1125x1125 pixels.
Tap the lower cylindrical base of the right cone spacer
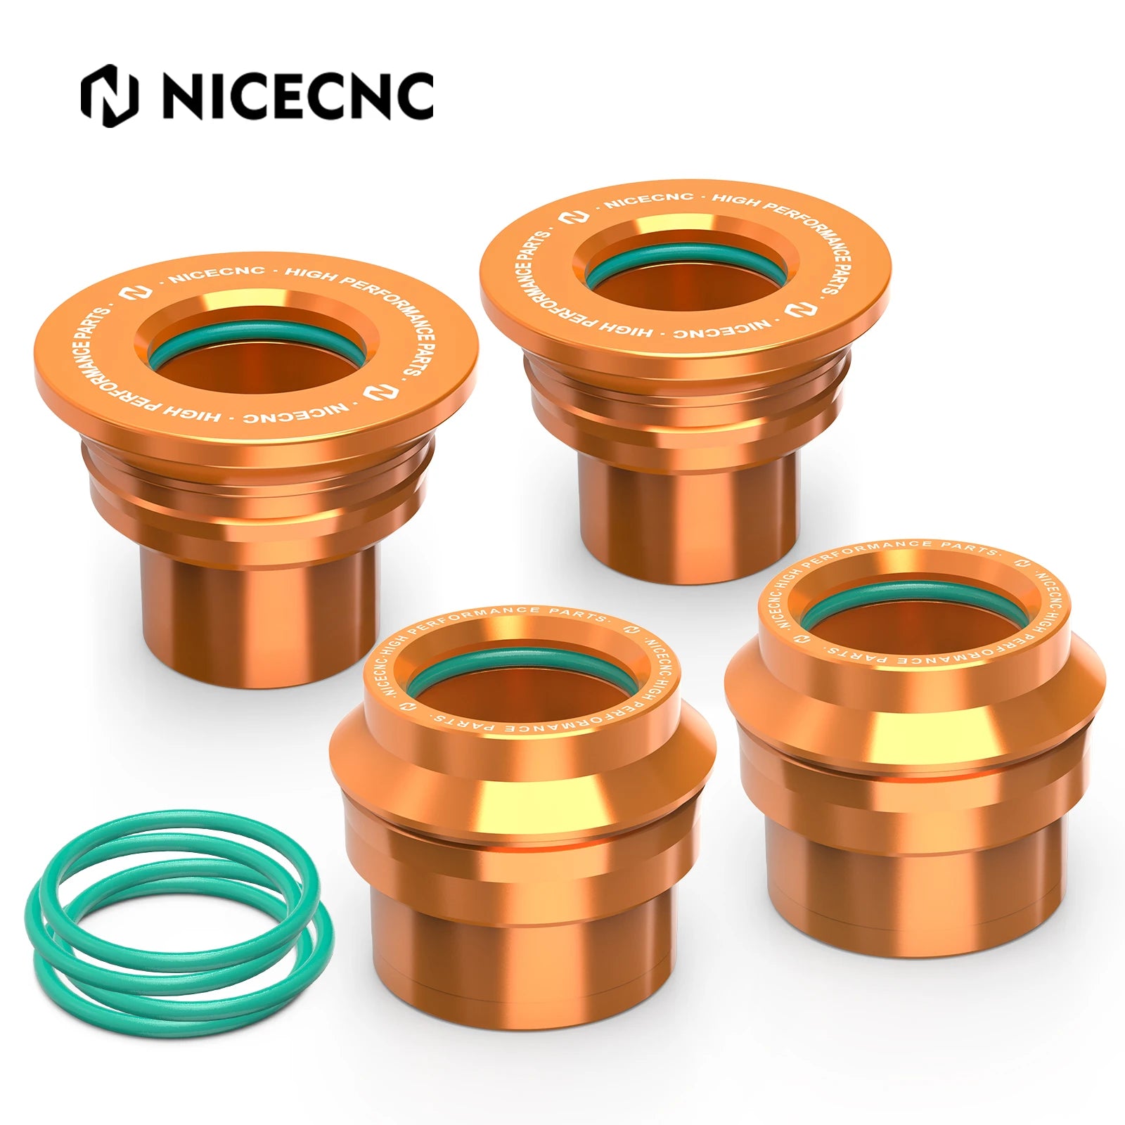(x=914, y=879)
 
